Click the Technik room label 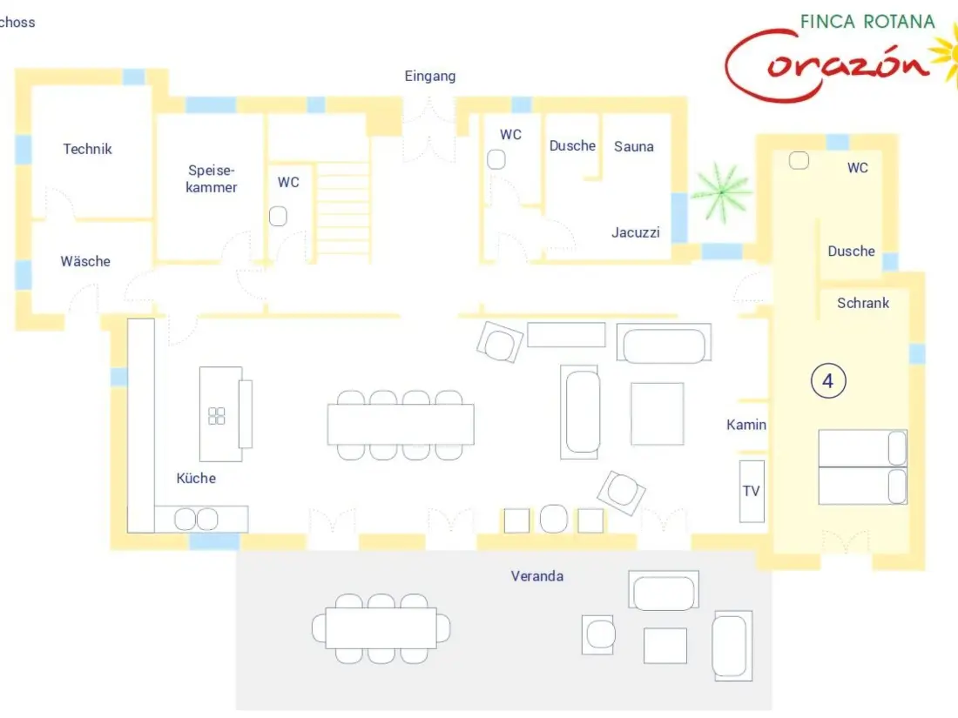point(87,149)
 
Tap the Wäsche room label point(85,261)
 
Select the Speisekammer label point(212,179)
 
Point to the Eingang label point(430,76)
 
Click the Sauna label point(633,146)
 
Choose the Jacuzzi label point(636,232)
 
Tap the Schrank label point(863,303)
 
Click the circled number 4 point(828,381)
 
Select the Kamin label point(746,425)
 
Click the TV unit point(752,491)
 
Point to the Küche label point(196,478)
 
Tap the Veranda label point(537,576)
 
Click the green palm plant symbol point(721,192)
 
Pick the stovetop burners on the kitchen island point(216,416)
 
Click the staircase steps point(343,211)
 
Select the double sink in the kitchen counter point(196,520)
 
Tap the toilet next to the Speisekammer point(278,216)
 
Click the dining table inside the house point(401,425)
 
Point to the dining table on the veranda point(381,627)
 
